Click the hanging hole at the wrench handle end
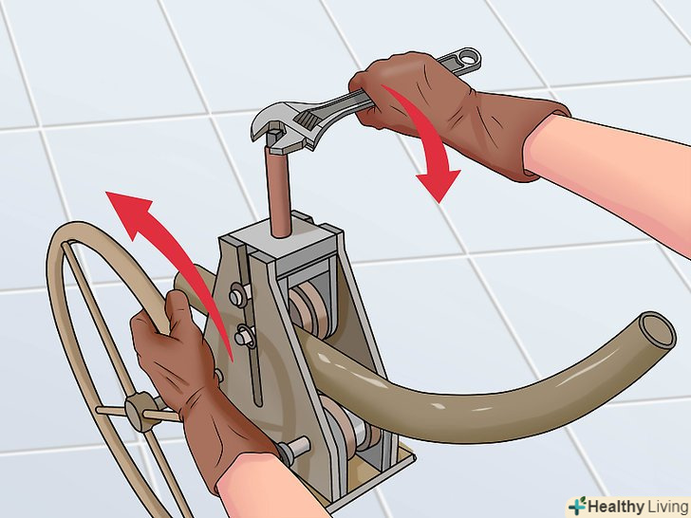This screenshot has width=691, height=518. pos(471,56)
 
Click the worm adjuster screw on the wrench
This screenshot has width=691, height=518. pos(308,118)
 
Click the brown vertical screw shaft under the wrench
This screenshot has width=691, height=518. pos(277,190)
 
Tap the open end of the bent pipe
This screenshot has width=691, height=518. pos(657,330)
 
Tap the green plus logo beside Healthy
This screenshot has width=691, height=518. pos(577,506)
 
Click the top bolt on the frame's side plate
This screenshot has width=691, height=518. pos(238,294)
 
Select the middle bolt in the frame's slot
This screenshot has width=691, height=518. pos(243,337)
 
